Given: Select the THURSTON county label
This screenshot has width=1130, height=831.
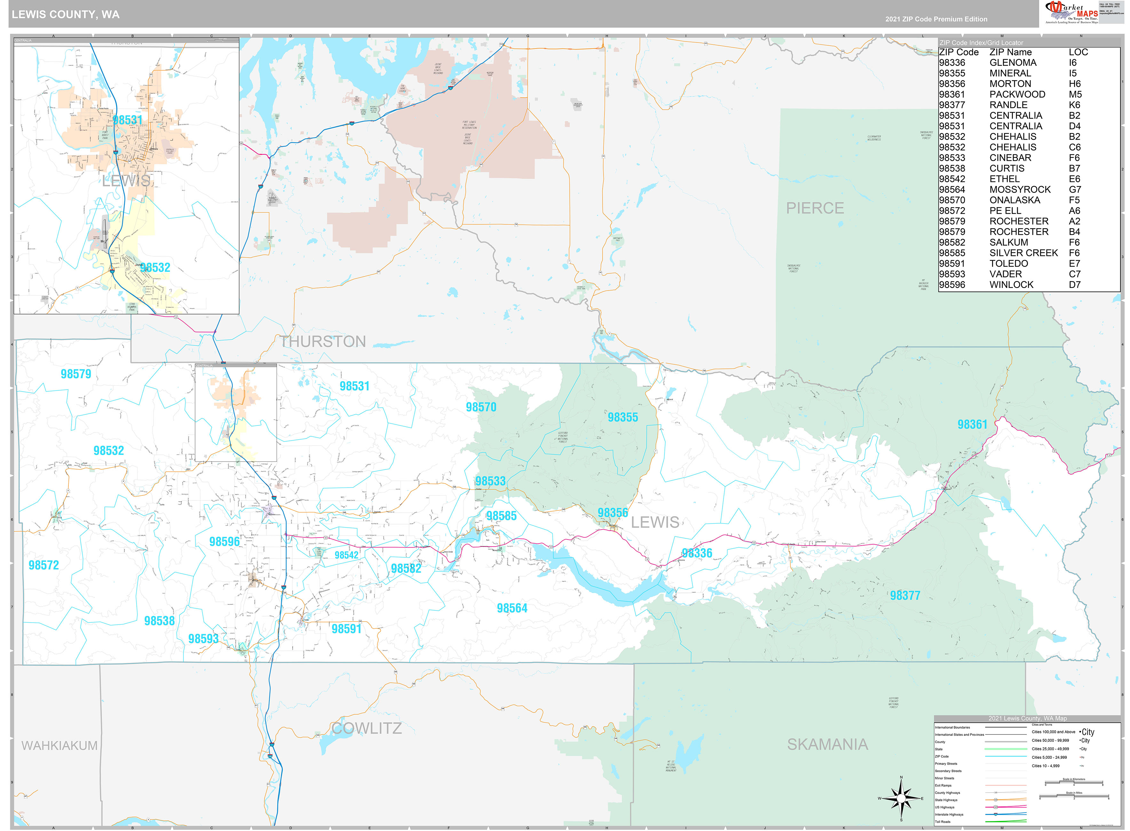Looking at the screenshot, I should (x=323, y=342).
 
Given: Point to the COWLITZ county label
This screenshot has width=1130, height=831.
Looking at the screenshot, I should (x=367, y=728).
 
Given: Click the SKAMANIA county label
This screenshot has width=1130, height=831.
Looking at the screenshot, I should (x=827, y=744).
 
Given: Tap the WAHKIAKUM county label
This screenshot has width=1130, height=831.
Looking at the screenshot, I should (x=59, y=745).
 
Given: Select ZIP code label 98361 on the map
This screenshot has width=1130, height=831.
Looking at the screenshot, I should (x=972, y=424).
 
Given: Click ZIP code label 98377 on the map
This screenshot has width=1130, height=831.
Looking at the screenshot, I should (x=905, y=595).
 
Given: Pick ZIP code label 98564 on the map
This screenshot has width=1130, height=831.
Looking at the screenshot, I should (x=512, y=608).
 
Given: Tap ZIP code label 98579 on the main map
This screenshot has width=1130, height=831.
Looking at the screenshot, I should (x=76, y=374).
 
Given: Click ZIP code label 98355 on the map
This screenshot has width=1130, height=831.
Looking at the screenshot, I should (x=623, y=417).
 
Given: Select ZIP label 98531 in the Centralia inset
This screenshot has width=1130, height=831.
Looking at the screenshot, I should (x=127, y=120).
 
